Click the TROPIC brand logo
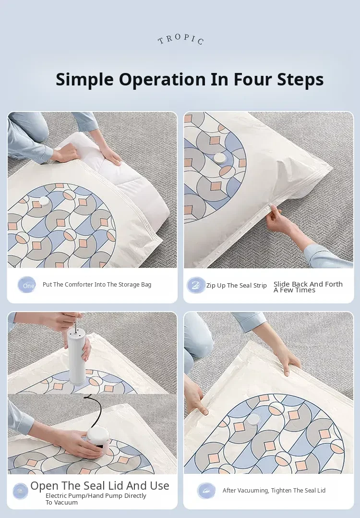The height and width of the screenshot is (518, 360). point(180,39)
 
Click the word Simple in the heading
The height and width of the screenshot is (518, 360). point(84,79)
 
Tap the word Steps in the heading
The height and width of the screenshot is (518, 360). point(300,79)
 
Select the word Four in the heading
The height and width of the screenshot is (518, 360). point(252,79)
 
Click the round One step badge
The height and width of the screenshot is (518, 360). point(27,285)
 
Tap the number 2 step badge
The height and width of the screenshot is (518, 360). point(196,285)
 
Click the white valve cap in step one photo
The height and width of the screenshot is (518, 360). point(44,201)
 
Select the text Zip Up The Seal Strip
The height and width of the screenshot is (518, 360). point(237,286)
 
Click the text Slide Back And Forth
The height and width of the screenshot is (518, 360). point(308,284)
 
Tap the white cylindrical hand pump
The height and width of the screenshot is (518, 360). point(76,357)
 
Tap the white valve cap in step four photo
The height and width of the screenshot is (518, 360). point(253,420)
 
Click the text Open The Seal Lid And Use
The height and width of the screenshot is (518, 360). point(100,486)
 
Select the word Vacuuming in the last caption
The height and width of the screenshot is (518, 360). point(255,491)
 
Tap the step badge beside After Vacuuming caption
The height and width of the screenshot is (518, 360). point(206,491)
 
